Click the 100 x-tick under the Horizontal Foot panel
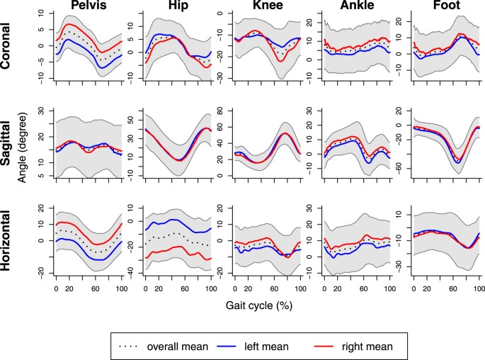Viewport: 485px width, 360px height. pyautogui.click(x=479, y=290)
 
